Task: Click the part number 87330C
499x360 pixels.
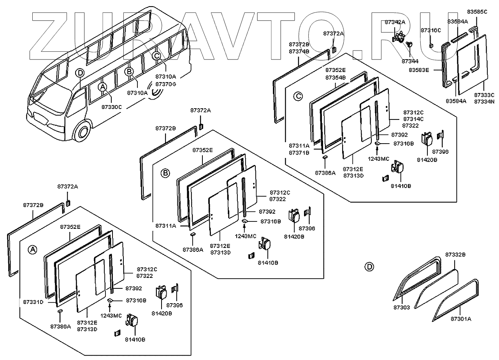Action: (111, 107)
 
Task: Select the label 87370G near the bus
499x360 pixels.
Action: (165, 84)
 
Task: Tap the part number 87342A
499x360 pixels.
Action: (395, 22)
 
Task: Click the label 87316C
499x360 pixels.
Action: (431, 30)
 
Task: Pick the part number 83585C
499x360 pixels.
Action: (477, 12)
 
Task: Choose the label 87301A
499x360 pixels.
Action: (461, 319)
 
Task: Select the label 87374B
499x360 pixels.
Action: (299, 51)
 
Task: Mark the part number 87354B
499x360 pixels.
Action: (336, 77)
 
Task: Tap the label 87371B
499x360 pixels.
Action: (299, 153)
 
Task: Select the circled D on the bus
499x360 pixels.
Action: (79, 73)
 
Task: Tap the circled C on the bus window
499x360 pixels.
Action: (156, 56)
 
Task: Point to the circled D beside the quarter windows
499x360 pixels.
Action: (369, 267)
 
